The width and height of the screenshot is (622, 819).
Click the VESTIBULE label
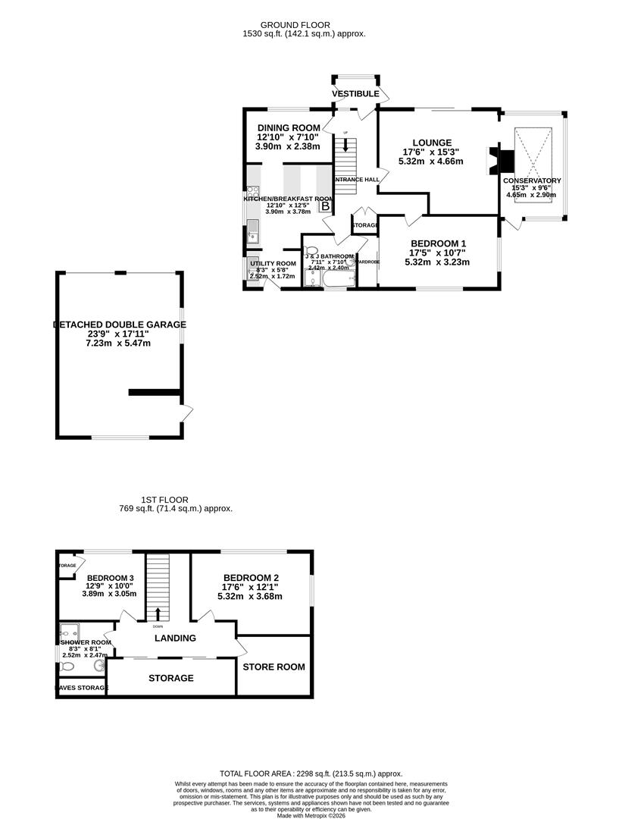point(355,93)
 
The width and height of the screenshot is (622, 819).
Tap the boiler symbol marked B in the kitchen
point(326,205)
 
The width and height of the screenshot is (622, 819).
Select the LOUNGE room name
point(432,143)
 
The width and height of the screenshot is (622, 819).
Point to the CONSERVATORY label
point(532,180)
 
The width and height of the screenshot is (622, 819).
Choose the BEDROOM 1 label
point(439,244)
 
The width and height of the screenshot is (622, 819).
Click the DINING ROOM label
point(288,127)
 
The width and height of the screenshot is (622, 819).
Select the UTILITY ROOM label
point(273,263)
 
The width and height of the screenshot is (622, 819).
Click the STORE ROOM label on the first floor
point(274,667)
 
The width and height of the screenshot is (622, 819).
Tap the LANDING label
point(176,639)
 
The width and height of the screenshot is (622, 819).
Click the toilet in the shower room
point(67,667)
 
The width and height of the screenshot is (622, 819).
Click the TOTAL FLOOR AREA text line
point(311,773)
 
